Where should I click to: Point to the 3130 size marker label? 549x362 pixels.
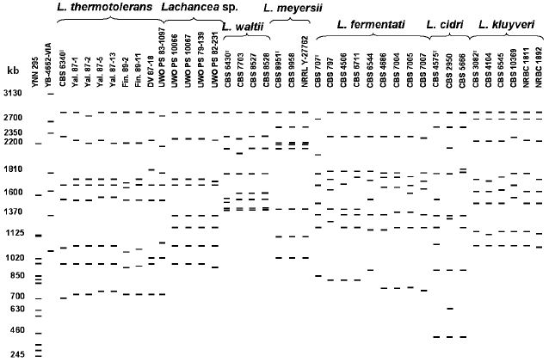(x=13, y=93)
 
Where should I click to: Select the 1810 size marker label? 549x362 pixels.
(x=13, y=169)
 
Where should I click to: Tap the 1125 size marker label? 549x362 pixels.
(x=13, y=233)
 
